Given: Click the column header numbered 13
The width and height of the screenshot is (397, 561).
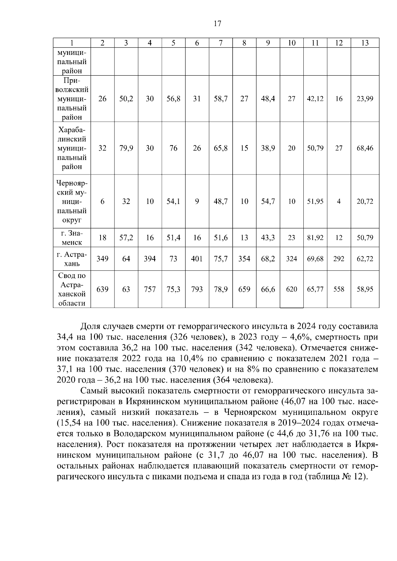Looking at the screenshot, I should point(365,43).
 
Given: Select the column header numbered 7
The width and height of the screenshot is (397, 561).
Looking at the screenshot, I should point(220,43).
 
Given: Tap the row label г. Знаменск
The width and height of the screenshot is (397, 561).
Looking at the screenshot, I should point(72,238).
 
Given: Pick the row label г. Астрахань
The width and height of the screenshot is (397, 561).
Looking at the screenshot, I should point(72,259).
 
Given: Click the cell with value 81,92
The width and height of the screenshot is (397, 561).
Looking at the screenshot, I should point(315,238).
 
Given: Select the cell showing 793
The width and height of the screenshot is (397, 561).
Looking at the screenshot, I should point(197,289).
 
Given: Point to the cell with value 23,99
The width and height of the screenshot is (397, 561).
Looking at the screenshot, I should point(365,99).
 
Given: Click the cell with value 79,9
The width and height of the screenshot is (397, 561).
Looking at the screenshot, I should point(126,148).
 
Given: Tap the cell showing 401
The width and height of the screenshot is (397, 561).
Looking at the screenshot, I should point(197,259).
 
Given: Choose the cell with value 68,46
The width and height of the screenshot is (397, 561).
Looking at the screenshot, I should point(365,148).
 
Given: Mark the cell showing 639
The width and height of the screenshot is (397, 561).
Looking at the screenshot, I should point(102,289).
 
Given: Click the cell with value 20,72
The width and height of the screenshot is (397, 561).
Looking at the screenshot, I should point(365,201).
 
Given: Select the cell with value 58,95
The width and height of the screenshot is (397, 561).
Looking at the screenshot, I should point(365,289).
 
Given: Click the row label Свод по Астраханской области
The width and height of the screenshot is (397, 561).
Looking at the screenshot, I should point(72,289).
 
